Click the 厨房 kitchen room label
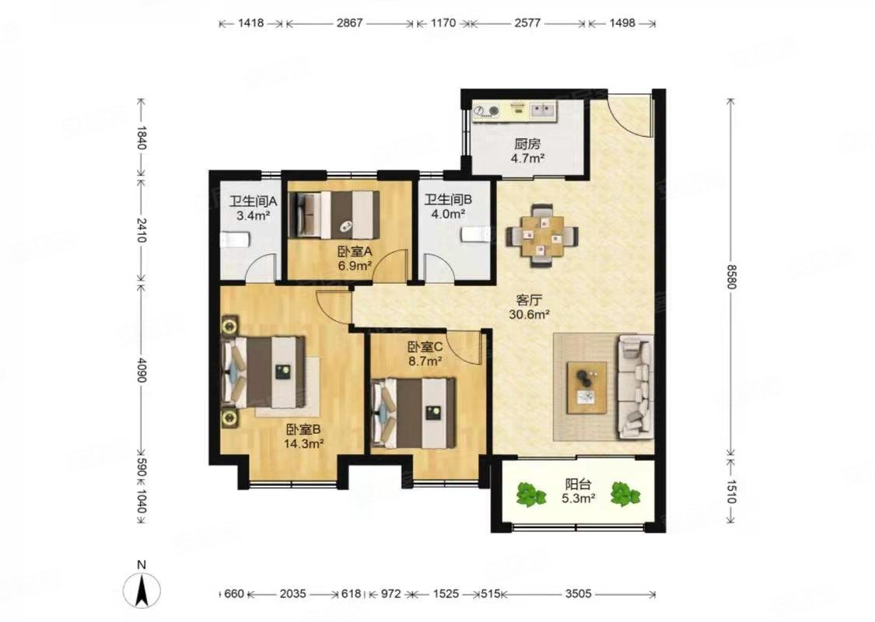[x=527, y=144]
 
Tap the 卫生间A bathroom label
[x=254, y=201]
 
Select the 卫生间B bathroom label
[x=449, y=200]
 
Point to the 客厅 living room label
[x=530, y=299]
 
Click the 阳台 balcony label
[x=578, y=484]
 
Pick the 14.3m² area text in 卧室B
[x=304, y=444]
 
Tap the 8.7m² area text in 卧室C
[x=425, y=361]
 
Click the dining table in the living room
[x=542, y=236]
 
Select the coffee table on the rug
[x=587, y=388]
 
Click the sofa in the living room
[x=635, y=386]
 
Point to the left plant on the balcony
[x=530, y=494]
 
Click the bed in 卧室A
[x=334, y=215]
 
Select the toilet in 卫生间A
[x=235, y=240]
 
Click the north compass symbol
[x=142, y=589]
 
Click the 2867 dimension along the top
[x=350, y=23]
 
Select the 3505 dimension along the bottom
[x=578, y=593]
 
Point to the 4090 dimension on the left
[x=141, y=370]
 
